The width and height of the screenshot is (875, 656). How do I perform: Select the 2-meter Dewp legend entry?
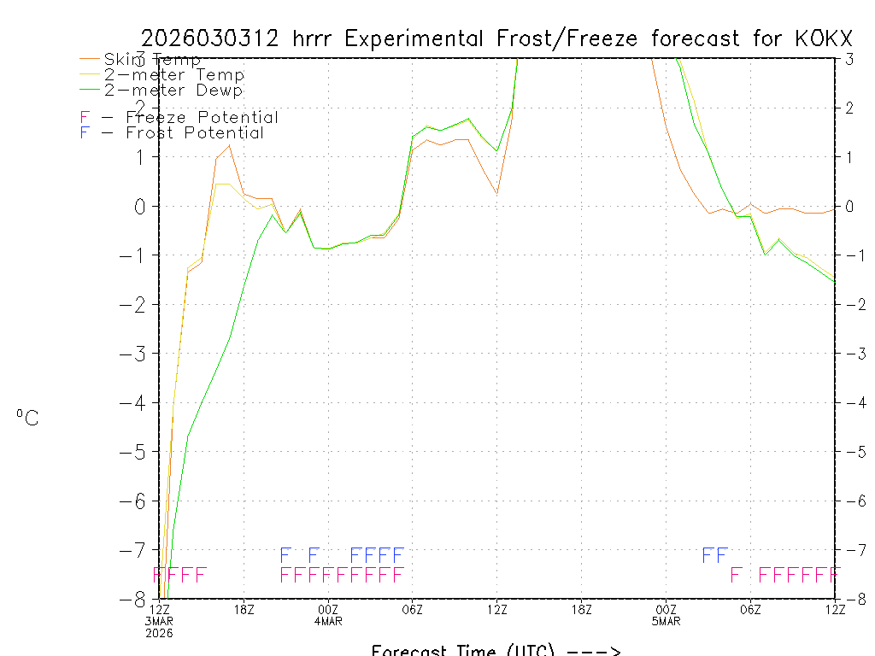(173, 90)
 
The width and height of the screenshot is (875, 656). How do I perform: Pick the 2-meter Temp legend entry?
(174, 74)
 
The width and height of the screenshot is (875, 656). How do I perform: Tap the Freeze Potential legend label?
(202, 118)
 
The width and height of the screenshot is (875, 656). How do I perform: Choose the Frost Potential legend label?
(195, 133)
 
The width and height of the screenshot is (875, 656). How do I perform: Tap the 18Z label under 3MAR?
(244, 609)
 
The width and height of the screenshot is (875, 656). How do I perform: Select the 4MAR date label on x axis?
(328, 621)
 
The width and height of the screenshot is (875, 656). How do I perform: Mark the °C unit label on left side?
(27, 418)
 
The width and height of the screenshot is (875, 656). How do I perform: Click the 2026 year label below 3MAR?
(160, 633)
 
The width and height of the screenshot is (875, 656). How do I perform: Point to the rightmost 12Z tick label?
(834, 609)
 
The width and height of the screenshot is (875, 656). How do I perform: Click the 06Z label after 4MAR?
(413, 609)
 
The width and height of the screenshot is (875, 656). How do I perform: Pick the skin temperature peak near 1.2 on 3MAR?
(230, 145)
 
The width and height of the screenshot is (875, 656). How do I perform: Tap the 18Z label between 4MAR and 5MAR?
(581, 609)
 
